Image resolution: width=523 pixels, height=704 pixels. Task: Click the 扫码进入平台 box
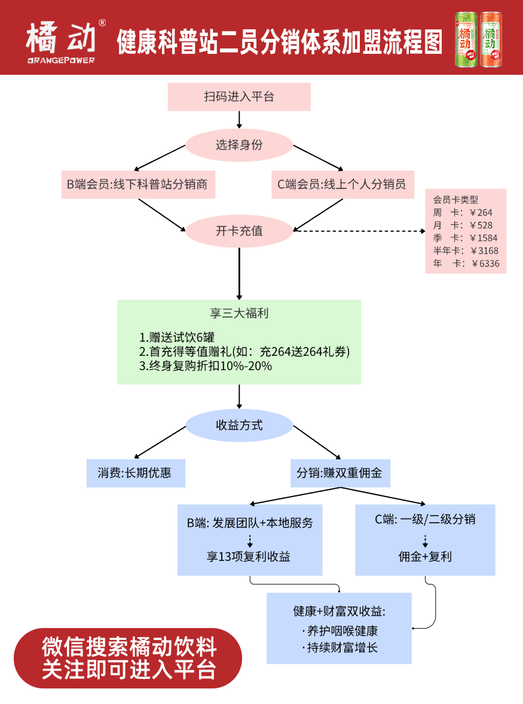(239, 97)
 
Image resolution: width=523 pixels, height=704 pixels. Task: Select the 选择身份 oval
(239, 145)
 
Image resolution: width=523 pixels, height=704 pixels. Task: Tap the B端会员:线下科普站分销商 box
(137, 184)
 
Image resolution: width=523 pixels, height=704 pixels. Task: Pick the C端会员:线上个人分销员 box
(342, 184)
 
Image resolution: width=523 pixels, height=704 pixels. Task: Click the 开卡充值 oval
(239, 231)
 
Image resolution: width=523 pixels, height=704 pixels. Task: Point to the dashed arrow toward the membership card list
(359, 230)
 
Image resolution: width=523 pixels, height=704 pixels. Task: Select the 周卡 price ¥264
(481, 212)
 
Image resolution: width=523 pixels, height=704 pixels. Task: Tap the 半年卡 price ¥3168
(484, 251)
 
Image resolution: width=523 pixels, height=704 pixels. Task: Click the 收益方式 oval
(239, 426)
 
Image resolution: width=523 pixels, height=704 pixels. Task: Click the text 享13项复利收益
(249, 557)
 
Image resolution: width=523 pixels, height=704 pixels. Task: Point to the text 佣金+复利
(425, 557)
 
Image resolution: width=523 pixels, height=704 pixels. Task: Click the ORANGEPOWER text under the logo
(61, 60)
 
